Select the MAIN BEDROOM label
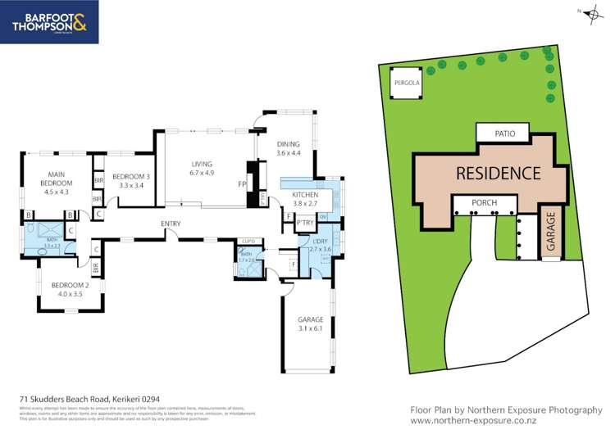[x=57, y=179]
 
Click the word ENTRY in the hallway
[x=171, y=223]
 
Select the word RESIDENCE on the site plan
[x=498, y=173]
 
